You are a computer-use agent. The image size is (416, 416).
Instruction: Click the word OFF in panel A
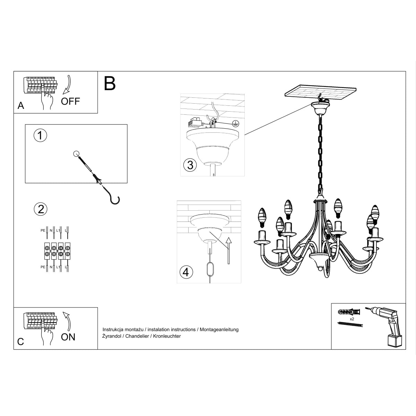[70, 101]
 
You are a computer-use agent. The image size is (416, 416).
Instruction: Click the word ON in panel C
[68, 337]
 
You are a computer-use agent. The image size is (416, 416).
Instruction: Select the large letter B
[110, 83]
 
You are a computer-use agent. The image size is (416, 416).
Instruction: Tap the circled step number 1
[41, 135]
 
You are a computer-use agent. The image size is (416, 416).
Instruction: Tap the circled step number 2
[41, 209]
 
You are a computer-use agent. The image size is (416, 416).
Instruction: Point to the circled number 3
[190, 165]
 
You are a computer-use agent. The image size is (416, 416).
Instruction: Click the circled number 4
[186, 272]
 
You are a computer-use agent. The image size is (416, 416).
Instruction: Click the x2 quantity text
[352, 319]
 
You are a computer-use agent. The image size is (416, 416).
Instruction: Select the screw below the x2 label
[350, 324]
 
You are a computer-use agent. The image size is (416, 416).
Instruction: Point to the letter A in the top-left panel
[21, 106]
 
